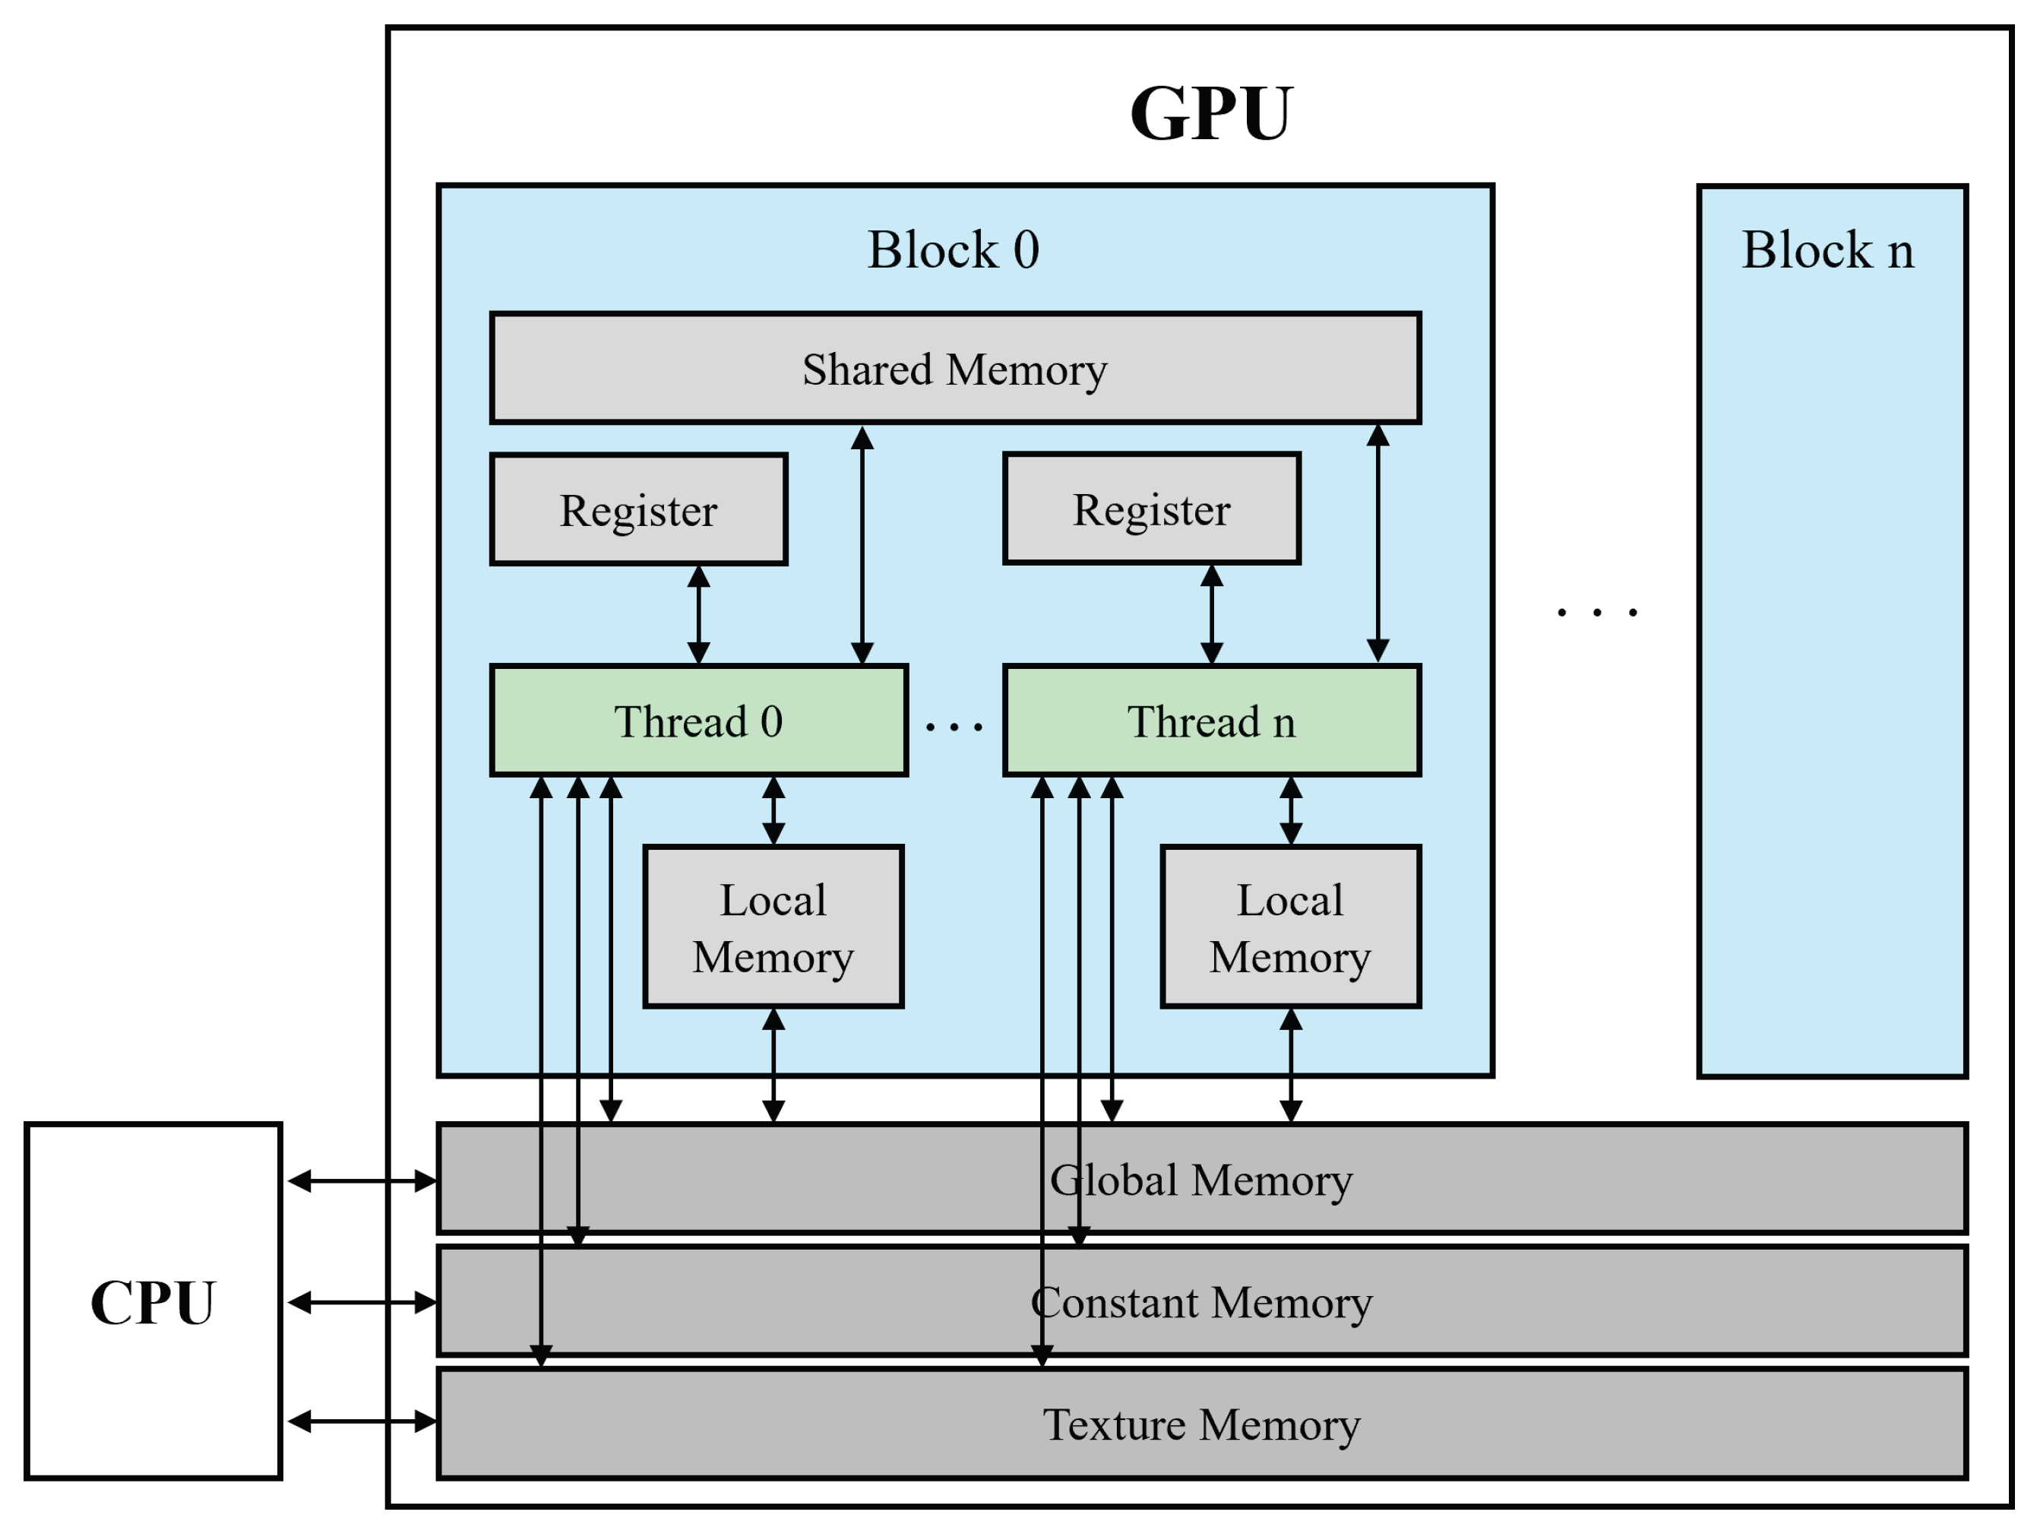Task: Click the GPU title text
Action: (1210, 114)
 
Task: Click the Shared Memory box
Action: (955, 369)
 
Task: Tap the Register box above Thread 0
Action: (638, 509)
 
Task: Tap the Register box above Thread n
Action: (1151, 509)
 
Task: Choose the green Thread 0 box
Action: (698, 721)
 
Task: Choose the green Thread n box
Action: (1211, 721)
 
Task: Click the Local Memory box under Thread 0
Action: (773, 927)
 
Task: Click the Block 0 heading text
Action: (953, 249)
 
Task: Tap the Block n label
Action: (1827, 249)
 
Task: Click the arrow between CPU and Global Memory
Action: (362, 1181)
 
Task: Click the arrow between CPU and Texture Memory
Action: (362, 1421)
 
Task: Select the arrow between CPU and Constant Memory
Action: (362, 1302)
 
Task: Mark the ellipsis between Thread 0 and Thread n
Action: (954, 727)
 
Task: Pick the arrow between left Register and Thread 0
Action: (699, 614)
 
